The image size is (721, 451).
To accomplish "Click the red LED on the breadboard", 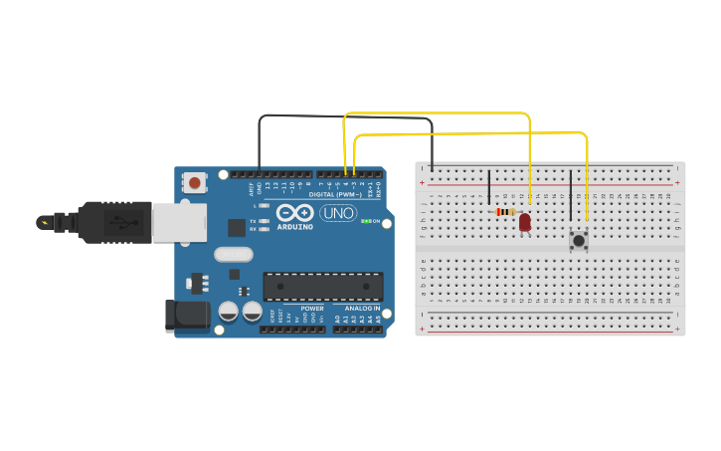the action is point(524,222).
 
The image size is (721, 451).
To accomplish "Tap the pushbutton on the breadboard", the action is point(578,239).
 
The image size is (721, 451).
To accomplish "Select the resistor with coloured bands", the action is point(505,212).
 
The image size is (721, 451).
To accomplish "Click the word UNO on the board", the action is point(338,212).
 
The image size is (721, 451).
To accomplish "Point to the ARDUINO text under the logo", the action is point(295,226).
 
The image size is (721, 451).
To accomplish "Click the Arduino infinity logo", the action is point(295,212).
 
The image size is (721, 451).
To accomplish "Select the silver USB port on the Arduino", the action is point(179,222).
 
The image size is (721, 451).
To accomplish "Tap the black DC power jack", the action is point(186,316).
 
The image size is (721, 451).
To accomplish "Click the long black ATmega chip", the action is point(322,287).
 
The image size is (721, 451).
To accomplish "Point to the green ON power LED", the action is point(366,221).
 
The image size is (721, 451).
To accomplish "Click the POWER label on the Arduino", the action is point(312,309).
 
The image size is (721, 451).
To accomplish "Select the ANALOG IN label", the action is point(362,309).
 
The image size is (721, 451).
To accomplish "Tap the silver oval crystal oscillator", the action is point(233,255).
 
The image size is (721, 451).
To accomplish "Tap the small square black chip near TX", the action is point(237,227).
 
